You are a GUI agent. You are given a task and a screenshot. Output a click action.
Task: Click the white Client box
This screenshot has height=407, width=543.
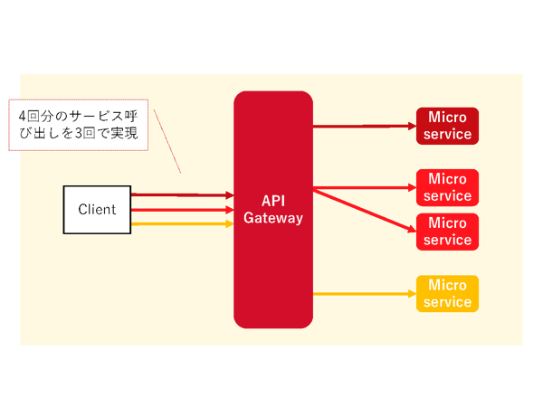click(97, 210)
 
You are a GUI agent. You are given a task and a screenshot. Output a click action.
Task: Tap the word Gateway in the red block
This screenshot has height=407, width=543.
click(273, 218)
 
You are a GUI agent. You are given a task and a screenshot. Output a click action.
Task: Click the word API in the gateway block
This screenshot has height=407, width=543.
click(273, 201)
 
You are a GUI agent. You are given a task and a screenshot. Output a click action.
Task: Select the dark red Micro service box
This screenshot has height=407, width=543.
click(447, 126)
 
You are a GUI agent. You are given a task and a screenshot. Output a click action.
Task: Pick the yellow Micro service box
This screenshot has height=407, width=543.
click(447, 294)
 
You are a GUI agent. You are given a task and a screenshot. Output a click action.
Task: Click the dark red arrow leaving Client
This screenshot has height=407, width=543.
click(183, 195)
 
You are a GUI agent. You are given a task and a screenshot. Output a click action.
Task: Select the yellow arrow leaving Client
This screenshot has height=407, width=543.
click(183, 224)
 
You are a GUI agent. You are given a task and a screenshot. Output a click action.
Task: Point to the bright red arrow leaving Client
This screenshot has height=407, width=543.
click(183, 210)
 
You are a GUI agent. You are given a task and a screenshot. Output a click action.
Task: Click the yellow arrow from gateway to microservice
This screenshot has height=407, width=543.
click(365, 294)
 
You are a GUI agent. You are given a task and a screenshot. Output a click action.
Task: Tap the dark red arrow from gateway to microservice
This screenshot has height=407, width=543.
click(365, 127)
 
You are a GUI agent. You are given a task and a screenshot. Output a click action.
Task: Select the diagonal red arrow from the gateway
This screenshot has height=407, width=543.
click(365, 211)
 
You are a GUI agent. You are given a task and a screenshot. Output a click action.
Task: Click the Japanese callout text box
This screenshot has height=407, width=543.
click(78, 125)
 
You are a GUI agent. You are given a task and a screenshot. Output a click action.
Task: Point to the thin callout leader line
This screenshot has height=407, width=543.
click(167, 141)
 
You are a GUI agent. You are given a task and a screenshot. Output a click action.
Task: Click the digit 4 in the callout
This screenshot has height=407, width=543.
click(22, 117)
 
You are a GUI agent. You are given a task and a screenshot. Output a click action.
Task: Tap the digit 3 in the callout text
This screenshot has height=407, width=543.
click(79, 133)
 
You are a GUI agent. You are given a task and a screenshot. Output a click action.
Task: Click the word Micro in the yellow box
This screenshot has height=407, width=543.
click(447, 285)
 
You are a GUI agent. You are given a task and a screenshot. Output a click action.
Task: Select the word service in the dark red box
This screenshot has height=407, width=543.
click(447, 134)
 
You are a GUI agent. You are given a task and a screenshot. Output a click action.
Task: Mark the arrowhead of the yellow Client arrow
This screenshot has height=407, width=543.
click(230, 224)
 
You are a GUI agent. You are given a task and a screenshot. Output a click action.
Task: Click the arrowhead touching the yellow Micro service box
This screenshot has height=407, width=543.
click(413, 294)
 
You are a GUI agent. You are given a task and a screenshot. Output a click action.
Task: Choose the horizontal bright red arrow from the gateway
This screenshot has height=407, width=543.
click(365, 188)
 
